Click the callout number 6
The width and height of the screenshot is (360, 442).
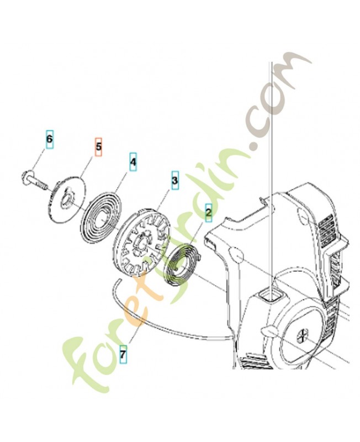point(50,139)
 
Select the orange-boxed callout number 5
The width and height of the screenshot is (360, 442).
point(98,146)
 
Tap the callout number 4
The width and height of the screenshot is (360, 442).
point(133,162)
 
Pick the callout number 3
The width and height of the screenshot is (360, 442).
point(175,180)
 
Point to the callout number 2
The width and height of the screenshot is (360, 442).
point(209,212)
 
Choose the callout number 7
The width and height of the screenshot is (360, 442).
point(123,354)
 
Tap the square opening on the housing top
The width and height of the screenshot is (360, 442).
point(272,297)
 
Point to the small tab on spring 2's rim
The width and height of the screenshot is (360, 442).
point(200,255)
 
